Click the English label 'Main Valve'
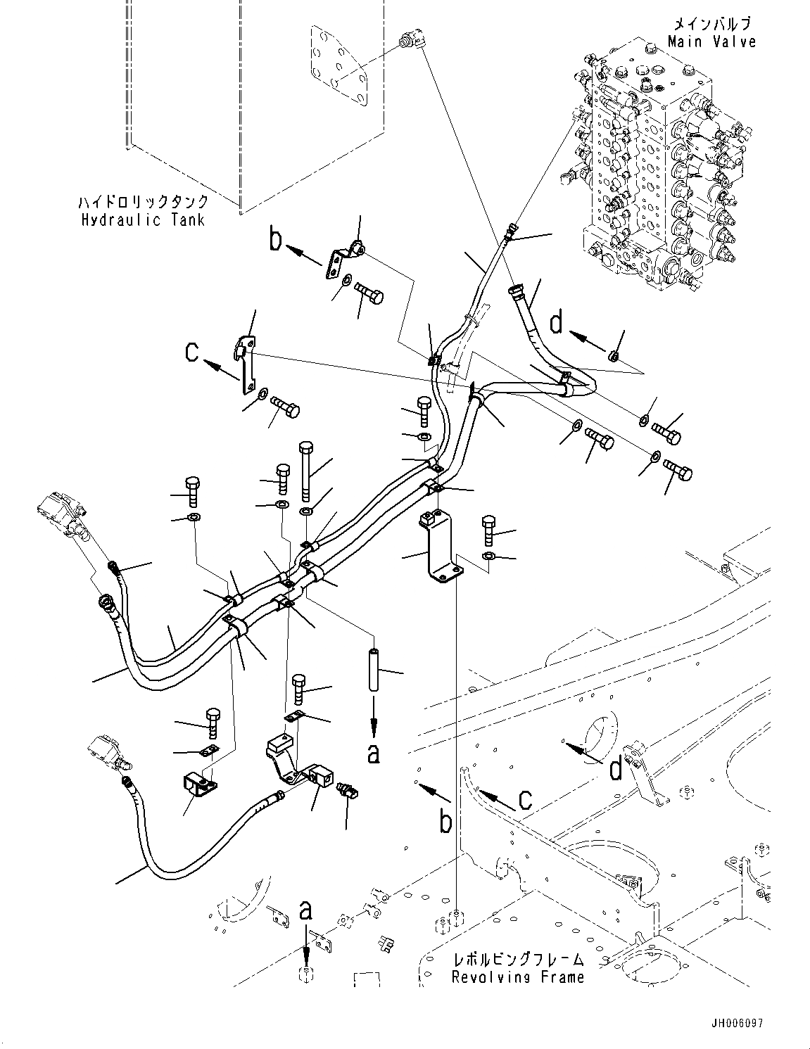pyautogui.click(x=712, y=42)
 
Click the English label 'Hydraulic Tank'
pyautogui.click(x=143, y=220)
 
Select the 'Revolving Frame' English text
pyautogui.click(x=518, y=977)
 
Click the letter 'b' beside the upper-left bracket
pyautogui.click(x=277, y=239)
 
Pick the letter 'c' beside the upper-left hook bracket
pyautogui.click(x=193, y=351)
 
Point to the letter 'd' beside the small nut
pyautogui.click(x=556, y=323)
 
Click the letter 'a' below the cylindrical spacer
pyautogui.click(x=374, y=753)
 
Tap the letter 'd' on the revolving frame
pyautogui.click(x=616, y=769)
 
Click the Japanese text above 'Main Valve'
pyautogui.click(x=712, y=23)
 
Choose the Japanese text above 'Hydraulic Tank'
pyautogui.click(x=143, y=202)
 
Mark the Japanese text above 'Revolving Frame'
pyautogui.click(x=518, y=959)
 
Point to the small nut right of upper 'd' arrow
pyautogui.click(x=613, y=356)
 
